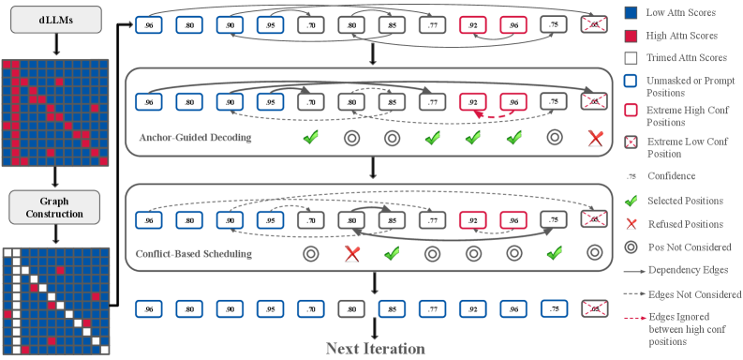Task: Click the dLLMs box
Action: point(56,20)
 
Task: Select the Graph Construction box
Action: point(54,207)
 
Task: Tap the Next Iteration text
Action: point(376,349)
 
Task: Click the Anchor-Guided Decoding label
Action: point(195,138)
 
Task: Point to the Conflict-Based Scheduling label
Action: point(193,254)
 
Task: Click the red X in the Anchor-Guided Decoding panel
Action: point(595,138)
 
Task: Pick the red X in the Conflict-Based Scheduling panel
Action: point(351,254)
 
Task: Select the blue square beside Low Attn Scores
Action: point(632,13)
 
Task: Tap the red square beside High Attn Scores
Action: point(632,36)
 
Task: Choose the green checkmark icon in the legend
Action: point(632,201)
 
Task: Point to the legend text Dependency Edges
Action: point(688,270)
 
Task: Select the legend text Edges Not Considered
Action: point(695,294)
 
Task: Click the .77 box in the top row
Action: point(432,24)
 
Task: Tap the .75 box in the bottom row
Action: point(554,308)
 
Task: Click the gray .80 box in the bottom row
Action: point(351,308)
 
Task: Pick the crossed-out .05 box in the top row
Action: point(594,24)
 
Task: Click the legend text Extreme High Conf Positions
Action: point(684,116)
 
